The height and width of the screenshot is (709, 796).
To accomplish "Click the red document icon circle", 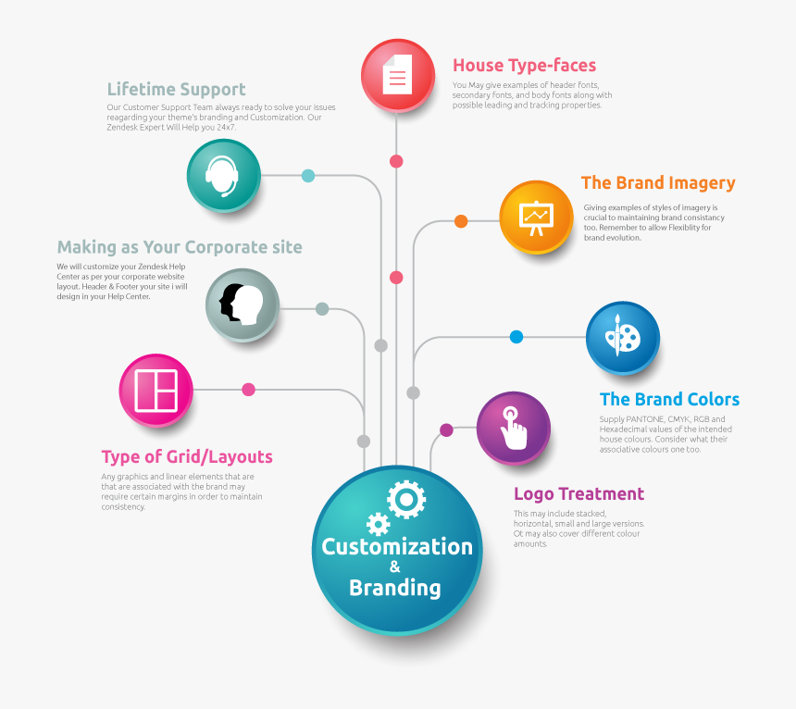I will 397,76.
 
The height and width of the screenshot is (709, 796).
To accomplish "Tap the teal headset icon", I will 223,175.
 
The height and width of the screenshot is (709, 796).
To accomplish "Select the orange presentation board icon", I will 536,217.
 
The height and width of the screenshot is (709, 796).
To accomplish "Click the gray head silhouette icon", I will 242,304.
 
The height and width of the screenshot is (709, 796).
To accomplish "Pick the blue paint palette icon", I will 622,337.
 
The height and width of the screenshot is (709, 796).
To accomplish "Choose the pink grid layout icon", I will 155,390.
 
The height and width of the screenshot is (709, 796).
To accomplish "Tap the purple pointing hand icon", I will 513,428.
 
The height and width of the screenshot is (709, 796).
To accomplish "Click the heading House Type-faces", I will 524,66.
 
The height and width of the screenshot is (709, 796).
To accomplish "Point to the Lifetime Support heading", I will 176,90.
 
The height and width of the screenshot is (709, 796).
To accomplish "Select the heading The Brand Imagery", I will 657,183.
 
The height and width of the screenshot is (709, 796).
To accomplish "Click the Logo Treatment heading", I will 578,494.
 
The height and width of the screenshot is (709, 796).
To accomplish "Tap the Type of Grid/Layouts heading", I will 187,457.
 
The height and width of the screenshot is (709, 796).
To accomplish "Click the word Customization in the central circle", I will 397,547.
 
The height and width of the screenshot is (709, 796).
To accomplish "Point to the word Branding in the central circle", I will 395,588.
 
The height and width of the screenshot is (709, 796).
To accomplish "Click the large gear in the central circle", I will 406,500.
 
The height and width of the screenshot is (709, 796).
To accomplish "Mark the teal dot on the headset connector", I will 308,176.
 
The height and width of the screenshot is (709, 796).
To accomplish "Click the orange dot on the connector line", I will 461,221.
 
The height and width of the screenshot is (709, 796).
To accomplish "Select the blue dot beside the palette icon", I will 516,337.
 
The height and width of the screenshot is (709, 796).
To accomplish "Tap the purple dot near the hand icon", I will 446,430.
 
